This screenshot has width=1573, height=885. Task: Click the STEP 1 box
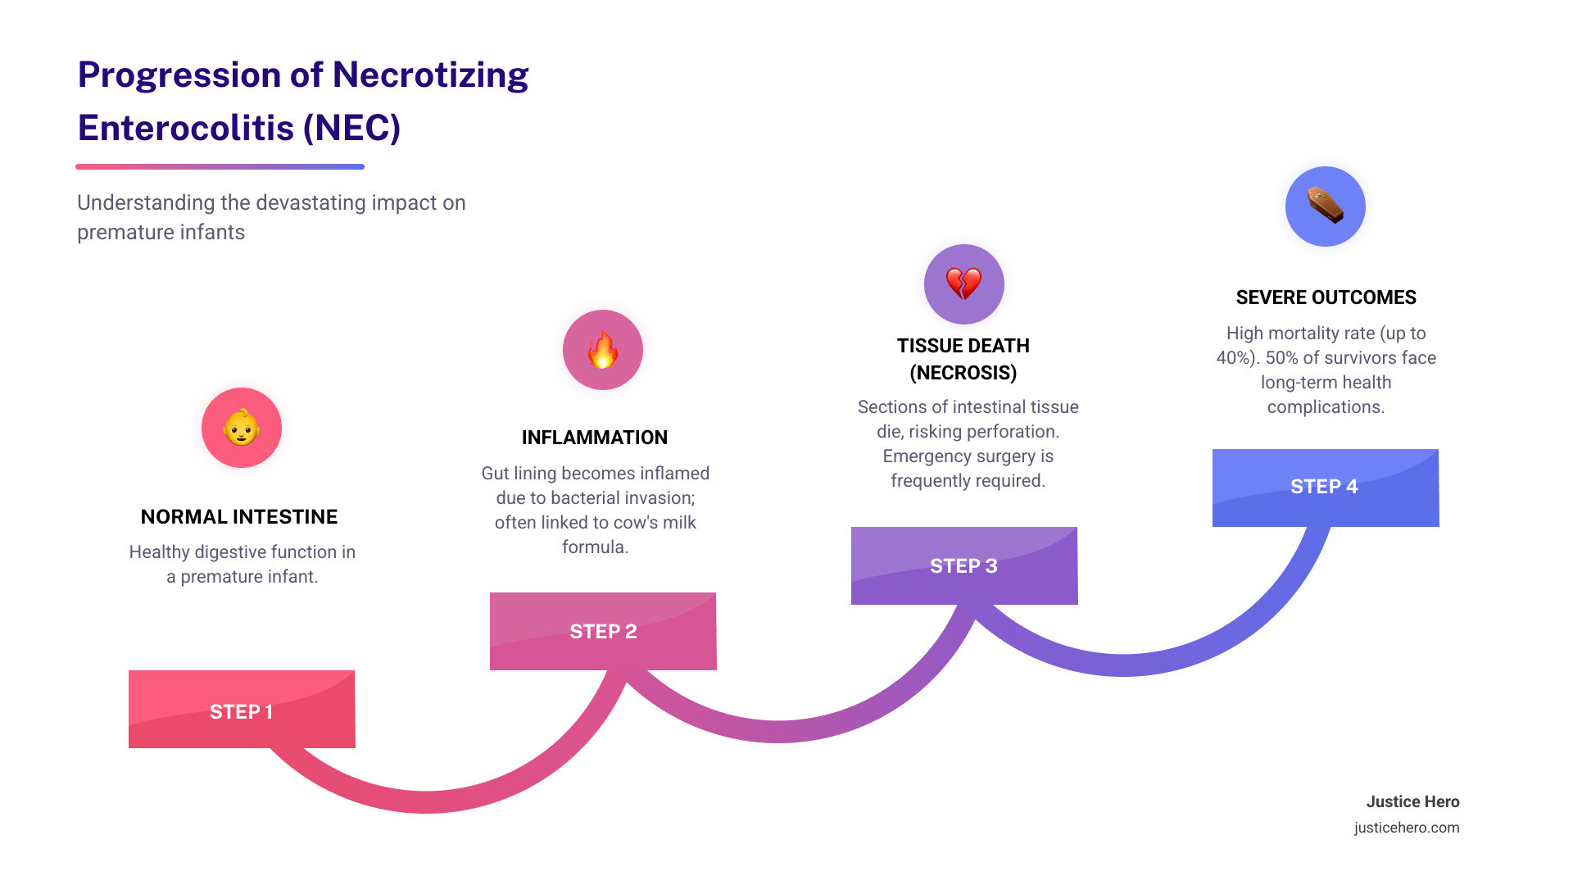(x=242, y=710)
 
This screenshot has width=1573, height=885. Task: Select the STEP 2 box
(x=603, y=631)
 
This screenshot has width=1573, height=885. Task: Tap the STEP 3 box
(x=963, y=565)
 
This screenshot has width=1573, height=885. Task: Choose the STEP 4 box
(x=1325, y=487)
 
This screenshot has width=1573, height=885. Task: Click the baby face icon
(x=242, y=428)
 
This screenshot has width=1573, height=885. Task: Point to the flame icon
(x=603, y=350)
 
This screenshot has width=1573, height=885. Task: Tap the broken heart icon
(x=963, y=284)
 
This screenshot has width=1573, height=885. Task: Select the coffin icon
(x=1325, y=206)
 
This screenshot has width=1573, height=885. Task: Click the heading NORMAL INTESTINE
(x=239, y=517)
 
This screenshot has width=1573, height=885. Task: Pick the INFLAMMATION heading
(x=595, y=438)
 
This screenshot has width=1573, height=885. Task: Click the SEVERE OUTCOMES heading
(x=1326, y=297)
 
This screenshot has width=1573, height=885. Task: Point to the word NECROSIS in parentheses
(x=963, y=373)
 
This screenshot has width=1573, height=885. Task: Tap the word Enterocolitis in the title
(x=186, y=129)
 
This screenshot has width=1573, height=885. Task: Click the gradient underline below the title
(x=220, y=166)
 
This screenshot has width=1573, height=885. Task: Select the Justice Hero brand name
(x=1412, y=802)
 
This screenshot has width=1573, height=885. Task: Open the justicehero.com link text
(x=1407, y=828)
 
